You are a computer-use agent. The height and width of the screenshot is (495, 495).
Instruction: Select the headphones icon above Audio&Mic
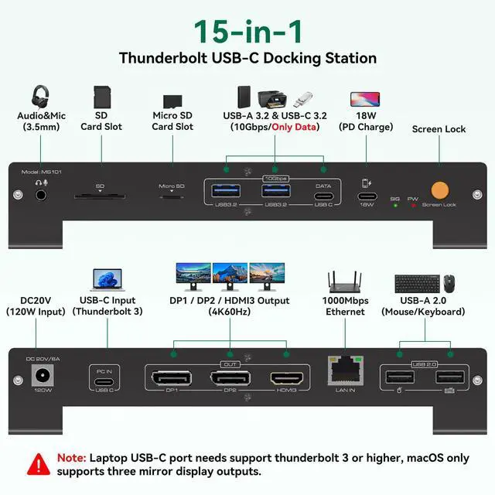pyautogui.click(x=40, y=97)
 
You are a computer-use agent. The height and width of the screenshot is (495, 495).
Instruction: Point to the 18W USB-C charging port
pyautogui.click(x=367, y=195)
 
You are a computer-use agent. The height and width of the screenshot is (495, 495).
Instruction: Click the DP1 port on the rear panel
pyautogui.click(x=172, y=378)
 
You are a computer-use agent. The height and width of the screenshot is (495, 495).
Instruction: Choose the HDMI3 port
pyautogui.click(x=285, y=378)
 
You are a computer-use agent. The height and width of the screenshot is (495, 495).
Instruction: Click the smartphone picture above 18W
pyautogui.click(x=365, y=99)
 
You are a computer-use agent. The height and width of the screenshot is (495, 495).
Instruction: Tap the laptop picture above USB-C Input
pyautogui.click(x=107, y=279)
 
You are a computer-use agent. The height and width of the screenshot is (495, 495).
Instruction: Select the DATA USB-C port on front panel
pyautogui.click(x=323, y=196)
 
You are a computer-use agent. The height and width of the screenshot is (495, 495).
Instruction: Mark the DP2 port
pyautogui.click(x=229, y=378)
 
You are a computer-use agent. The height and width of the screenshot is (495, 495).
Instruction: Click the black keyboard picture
pyautogui.click(x=416, y=284)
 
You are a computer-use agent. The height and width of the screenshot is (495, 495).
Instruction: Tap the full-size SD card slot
pyautogui.click(x=99, y=196)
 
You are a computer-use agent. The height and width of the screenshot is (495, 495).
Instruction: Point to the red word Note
pyautogui.click(x=71, y=458)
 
